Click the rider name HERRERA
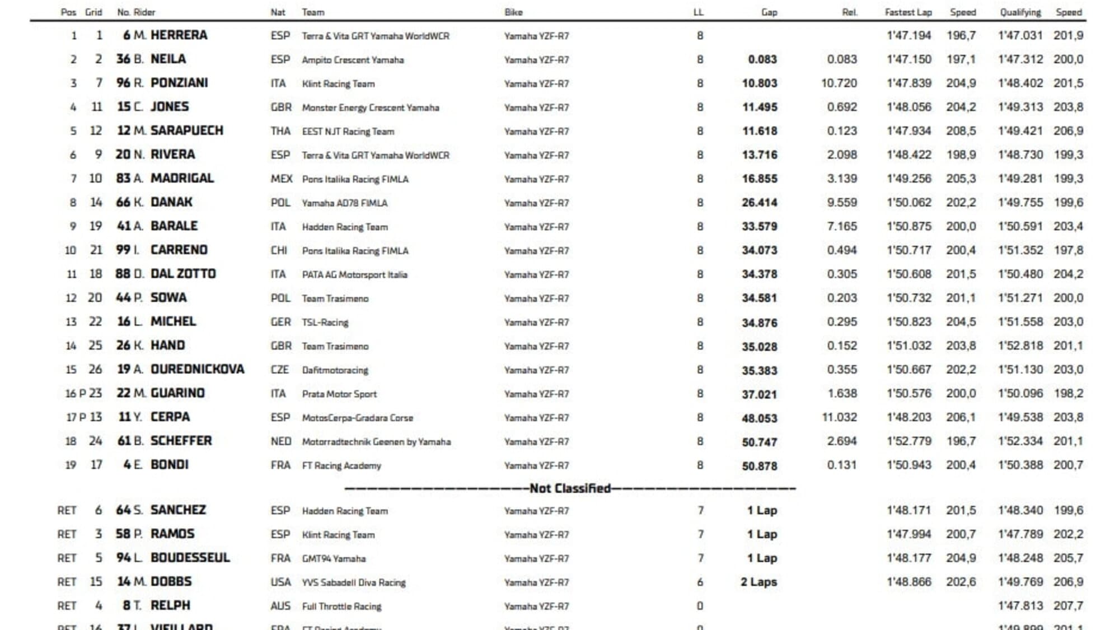(179, 35)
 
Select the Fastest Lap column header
(908, 12)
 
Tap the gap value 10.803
(759, 83)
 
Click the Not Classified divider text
(570, 488)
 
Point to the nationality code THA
(280, 131)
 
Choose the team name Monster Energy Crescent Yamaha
(370, 108)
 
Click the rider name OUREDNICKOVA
(197, 370)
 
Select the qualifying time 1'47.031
(1020, 36)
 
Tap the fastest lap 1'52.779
(909, 441)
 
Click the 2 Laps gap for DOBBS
(759, 582)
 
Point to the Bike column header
(513, 12)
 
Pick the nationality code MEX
(281, 179)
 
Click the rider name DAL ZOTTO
(183, 274)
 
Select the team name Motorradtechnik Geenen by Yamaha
(376, 442)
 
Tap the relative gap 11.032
(839, 418)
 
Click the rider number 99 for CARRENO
(123, 250)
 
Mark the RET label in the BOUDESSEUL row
(67, 558)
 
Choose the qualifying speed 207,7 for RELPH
(1068, 606)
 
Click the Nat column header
(278, 12)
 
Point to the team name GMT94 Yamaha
(334, 559)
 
